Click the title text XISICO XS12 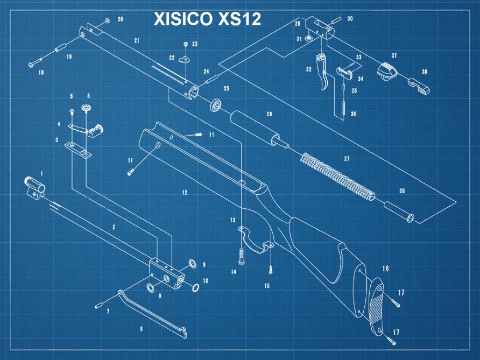click(207, 19)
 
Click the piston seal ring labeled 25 click(216, 104)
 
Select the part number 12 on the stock click(185, 192)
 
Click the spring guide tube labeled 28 click(399, 211)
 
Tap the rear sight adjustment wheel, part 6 click(86, 108)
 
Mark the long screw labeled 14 click(240, 256)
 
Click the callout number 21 click(137, 40)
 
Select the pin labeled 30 click(334, 19)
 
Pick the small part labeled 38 click(420, 86)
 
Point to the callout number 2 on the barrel click(114, 227)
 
